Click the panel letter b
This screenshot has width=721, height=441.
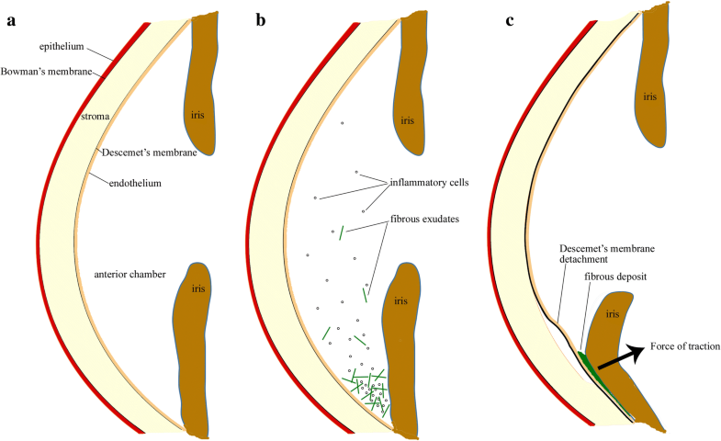coord(261,19)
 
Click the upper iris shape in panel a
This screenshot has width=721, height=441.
coord(200,83)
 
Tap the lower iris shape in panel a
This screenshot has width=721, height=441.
coord(195,349)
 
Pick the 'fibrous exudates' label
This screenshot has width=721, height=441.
coord(425,220)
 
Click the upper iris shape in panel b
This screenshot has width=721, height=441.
coord(409,83)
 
